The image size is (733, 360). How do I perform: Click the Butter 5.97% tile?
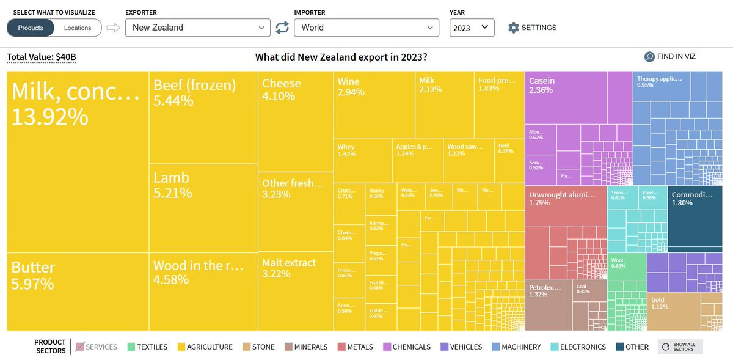coord(78,292)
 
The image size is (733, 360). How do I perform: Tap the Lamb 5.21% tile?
coord(203,208)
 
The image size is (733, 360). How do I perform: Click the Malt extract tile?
coord(296,290)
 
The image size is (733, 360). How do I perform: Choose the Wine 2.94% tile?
coord(374,104)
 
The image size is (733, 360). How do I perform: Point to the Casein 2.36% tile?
coord(566,97)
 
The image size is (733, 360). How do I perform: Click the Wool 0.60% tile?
coord(626,271)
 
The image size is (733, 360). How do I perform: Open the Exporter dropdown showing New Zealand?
coord(197,28)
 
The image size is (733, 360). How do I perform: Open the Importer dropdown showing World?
coord(366,28)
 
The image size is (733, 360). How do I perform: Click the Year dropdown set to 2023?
coord(472,28)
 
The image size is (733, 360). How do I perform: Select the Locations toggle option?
coord(78,28)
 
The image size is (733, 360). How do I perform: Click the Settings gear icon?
coord(514,28)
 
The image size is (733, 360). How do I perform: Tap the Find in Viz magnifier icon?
coord(650,57)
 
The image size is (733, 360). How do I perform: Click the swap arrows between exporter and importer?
coord(282,28)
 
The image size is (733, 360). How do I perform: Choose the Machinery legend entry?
coord(516,347)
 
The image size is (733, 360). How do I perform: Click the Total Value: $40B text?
coord(42,57)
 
